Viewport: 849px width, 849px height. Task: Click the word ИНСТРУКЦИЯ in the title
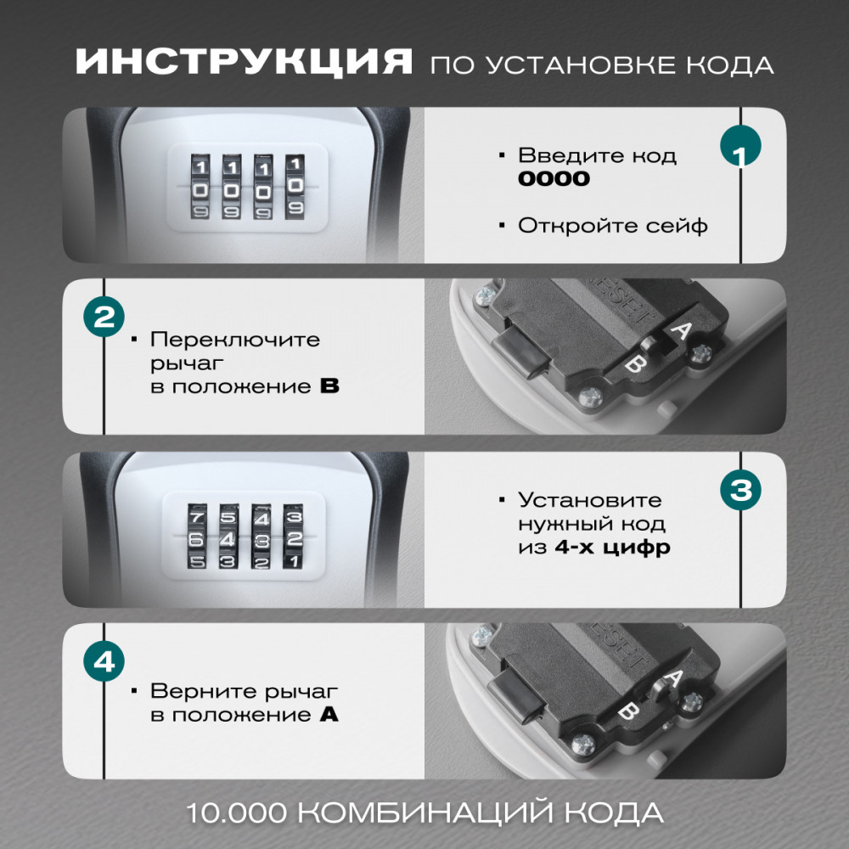(245, 61)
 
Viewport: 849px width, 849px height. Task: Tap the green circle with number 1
(740, 146)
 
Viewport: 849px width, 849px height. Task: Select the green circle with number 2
(104, 317)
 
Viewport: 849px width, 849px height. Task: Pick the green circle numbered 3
(740, 490)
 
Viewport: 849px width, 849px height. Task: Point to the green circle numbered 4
(104, 661)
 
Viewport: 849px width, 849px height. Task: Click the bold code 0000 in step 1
(554, 178)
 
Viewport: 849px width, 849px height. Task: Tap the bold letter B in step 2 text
(329, 386)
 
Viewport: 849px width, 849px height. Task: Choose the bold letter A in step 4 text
(329, 715)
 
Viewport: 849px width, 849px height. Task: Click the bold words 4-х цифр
(612, 548)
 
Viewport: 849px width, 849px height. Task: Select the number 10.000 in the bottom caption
(236, 812)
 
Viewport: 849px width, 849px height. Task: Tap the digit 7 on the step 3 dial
(197, 516)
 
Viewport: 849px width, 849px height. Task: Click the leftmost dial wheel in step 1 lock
(200, 188)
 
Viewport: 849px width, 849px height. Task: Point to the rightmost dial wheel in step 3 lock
(293, 537)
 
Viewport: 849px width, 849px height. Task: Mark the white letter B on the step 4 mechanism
(628, 711)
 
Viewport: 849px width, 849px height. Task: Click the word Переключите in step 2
(235, 340)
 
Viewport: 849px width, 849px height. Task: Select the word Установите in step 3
(590, 500)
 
